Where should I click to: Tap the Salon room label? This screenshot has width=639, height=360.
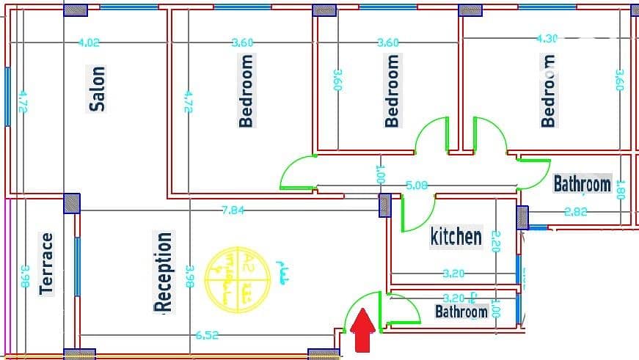point(97,89)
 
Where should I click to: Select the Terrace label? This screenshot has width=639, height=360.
point(47,263)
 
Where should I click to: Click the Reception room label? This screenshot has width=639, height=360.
point(164,271)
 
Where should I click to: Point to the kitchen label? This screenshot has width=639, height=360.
point(456,236)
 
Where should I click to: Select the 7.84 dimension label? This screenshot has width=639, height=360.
point(233,210)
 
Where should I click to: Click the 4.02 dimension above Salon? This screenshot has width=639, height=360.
point(88,43)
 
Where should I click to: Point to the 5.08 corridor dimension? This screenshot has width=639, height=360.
point(417,185)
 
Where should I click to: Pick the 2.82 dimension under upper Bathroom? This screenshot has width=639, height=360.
point(576,213)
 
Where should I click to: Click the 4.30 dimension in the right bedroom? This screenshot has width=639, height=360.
point(547,38)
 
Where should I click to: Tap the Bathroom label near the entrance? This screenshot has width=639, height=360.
point(461,312)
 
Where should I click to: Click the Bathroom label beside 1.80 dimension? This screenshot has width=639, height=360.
point(582,183)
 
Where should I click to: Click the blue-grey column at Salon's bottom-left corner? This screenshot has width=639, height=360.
point(71,203)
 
